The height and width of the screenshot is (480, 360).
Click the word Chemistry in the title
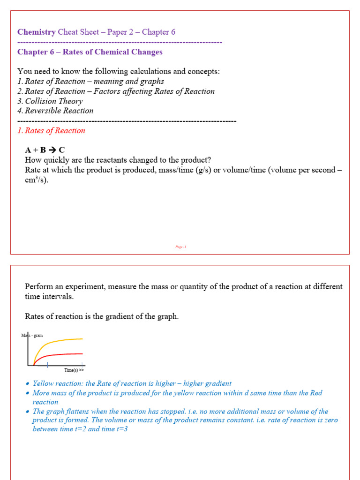(x=37, y=32)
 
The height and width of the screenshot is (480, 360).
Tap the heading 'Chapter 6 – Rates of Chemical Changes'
(x=90, y=52)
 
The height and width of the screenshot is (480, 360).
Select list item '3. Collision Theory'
(x=50, y=101)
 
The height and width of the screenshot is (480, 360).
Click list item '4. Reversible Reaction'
(x=55, y=111)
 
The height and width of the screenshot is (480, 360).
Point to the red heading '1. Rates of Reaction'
(x=51, y=131)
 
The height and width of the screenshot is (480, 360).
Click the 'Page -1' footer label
(x=181, y=247)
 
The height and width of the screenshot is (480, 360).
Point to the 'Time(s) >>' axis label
(x=74, y=370)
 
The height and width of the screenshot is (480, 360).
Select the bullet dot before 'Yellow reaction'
(x=28, y=384)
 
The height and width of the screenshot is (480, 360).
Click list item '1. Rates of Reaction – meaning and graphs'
(x=90, y=81)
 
